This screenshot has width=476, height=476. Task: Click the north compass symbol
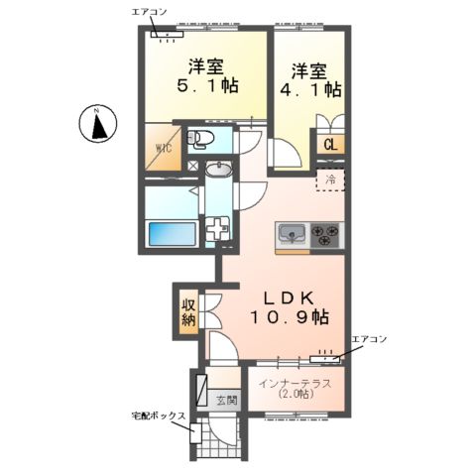tap(98, 124)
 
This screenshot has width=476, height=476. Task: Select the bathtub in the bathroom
tap(173, 234)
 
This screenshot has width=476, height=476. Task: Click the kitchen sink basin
tap(292, 234)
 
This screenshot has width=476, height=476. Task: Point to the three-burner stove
tap(325, 235)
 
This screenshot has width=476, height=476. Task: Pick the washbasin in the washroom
tap(218, 171)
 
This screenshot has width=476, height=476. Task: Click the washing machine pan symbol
tap(217, 228)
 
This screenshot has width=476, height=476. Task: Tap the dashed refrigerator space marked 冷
tap(330, 179)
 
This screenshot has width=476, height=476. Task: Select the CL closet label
tap(330, 145)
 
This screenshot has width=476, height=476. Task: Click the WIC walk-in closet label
tap(164, 148)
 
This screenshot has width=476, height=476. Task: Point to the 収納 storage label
tap(188, 312)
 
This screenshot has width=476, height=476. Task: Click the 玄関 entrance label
tap(227, 401)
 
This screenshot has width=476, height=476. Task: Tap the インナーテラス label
tap(295, 384)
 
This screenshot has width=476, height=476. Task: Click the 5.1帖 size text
tap(207, 86)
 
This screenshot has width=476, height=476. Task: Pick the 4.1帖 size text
tap(310, 89)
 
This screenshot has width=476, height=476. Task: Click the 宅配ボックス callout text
tap(159, 416)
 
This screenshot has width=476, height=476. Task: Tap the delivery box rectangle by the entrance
tap(195, 432)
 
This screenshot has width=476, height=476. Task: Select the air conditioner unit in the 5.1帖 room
tap(167, 34)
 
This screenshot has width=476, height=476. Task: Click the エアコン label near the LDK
tap(369, 339)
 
